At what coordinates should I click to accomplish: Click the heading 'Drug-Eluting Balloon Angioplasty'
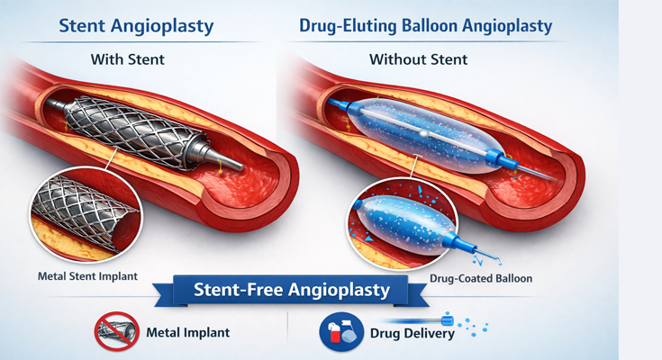pos(425,27)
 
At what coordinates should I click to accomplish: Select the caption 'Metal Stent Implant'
pos(89,275)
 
